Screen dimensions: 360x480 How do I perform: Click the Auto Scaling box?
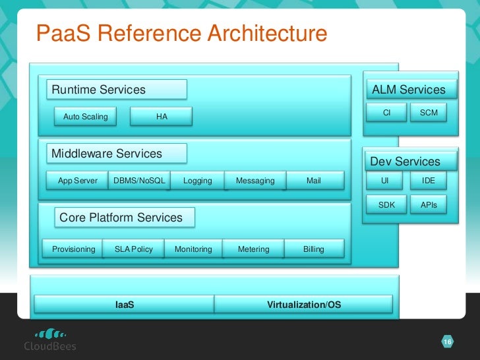[x=85, y=117]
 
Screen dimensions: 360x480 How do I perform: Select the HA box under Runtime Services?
[x=162, y=117]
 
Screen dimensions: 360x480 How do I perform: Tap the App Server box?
[x=77, y=181]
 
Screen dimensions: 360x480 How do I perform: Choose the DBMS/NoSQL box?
[x=139, y=181]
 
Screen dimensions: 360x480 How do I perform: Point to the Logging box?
[x=197, y=181]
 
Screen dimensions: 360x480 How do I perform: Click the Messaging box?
[x=255, y=181]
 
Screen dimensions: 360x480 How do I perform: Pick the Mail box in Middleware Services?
[x=314, y=181]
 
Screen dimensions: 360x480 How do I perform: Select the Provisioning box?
[x=73, y=249]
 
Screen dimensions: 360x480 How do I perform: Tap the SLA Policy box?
[x=133, y=249]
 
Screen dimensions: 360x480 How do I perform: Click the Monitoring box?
[x=193, y=249]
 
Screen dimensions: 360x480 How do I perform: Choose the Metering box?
[x=254, y=249]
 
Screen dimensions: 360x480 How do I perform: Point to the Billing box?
[x=314, y=249]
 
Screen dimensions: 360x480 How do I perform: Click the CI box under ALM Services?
[x=386, y=113]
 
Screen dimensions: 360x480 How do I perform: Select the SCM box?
[x=429, y=113]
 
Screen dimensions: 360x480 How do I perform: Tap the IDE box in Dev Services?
[x=429, y=180]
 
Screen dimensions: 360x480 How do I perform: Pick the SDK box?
[x=386, y=205]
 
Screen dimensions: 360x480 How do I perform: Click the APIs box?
[x=429, y=205]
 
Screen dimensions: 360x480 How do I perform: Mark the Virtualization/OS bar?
[x=304, y=305]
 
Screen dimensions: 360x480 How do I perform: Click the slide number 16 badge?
[x=447, y=342]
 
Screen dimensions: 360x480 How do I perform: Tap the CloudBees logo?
[x=50, y=339]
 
